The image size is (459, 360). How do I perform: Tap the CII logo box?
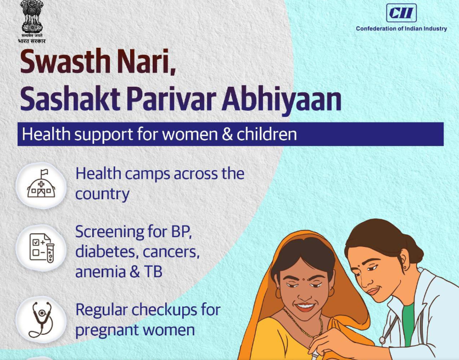pyautogui.click(x=401, y=13)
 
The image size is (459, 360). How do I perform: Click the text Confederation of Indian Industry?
pyautogui.click(x=401, y=29)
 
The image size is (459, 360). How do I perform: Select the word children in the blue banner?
pyautogui.click(x=267, y=134)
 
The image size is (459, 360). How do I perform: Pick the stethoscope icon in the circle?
pyautogui.click(x=42, y=319)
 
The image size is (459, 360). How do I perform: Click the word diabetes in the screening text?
pyautogui.click(x=106, y=252)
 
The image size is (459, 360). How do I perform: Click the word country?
pyautogui.click(x=102, y=194)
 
